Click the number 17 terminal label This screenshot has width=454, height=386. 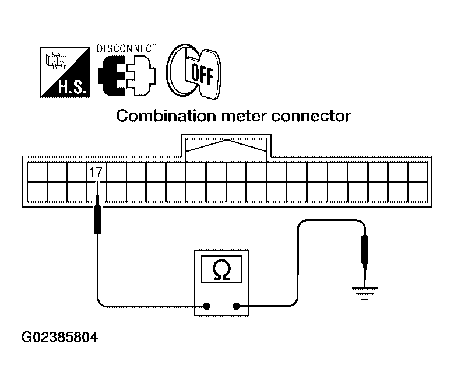tap(96, 172)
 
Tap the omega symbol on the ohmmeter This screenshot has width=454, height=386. tap(221, 269)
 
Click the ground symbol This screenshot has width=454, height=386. tap(364, 293)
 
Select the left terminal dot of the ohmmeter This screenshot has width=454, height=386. tap(207, 306)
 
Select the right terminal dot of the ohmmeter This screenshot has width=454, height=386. tap(236, 306)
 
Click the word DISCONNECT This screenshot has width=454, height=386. tap(126, 49)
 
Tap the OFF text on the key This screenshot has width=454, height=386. tap(202, 74)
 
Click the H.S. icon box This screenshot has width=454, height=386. tap(65, 72)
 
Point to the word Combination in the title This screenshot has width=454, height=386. tap(166, 116)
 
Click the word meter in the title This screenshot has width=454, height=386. tap(244, 116)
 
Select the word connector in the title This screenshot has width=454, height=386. tap(311, 116)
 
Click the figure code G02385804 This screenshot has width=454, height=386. tap(59, 338)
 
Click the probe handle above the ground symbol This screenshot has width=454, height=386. tap(365, 249)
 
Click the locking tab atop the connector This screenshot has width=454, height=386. tap(226, 146)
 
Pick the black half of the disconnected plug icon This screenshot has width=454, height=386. tap(112, 76)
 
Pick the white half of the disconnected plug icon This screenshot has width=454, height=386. tap(141, 76)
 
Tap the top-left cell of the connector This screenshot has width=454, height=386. tap(37, 172)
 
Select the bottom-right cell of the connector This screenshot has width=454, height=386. tap(418, 192)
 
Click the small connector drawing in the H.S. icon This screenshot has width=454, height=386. tap(56, 61)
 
